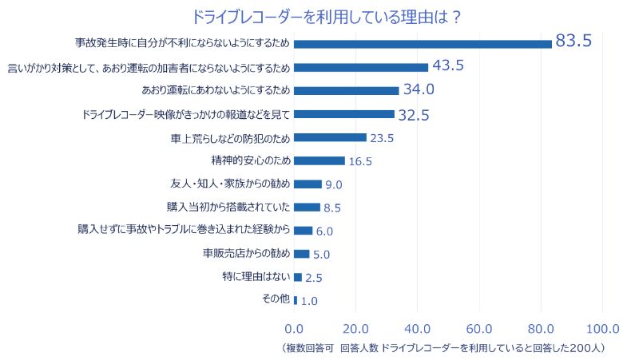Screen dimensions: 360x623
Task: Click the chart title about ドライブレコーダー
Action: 327,16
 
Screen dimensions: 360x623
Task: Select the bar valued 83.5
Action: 423,44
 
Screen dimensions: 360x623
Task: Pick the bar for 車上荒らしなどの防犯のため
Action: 330,137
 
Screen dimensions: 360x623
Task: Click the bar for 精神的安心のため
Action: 319,160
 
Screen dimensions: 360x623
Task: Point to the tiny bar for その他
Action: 296,300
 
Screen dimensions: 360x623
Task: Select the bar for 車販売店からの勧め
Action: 301,254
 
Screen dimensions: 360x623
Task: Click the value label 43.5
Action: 447,66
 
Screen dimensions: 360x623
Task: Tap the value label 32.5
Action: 414,115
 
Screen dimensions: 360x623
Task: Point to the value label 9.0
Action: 334,185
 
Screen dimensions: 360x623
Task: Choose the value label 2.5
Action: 314,279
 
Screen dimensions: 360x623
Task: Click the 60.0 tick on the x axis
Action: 479,328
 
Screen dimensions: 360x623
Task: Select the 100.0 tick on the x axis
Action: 602,328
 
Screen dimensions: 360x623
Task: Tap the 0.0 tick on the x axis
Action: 295,328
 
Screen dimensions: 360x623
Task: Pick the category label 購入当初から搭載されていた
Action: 228,207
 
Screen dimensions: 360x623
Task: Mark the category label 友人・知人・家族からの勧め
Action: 230,184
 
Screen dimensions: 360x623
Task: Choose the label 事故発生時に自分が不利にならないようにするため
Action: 182,43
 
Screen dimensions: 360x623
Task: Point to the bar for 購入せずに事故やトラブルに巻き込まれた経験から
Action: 303,231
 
